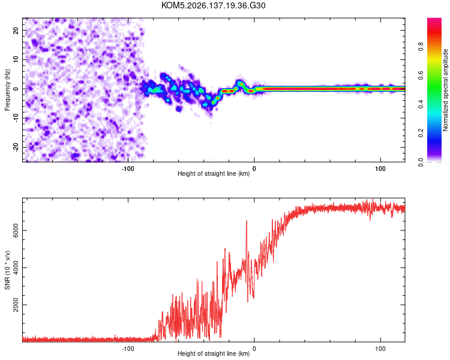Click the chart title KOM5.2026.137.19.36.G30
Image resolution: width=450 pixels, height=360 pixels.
[x=213, y=5]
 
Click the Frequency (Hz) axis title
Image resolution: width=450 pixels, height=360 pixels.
[x=7, y=90]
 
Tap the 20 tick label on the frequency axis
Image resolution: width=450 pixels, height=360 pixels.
[x=16, y=31]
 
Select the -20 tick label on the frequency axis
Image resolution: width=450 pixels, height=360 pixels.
[x=16, y=148]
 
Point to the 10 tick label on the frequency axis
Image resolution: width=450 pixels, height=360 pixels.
[x=16, y=59]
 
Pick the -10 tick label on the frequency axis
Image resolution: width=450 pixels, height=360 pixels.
[x=16, y=118]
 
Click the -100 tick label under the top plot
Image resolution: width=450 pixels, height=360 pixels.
[x=128, y=169]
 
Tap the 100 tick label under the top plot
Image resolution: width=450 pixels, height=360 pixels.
[x=380, y=169]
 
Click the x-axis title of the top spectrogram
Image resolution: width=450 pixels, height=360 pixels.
[x=214, y=173]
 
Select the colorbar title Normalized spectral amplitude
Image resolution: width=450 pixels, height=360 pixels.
[x=445, y=90]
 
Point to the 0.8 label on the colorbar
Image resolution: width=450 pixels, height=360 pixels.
[x=421, y=46]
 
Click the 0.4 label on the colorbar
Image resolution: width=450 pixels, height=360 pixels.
[x=421, y=104]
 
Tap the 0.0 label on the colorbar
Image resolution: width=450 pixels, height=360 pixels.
[x=421, y=162]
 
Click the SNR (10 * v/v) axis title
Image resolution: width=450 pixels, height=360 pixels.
[x=7, y=270]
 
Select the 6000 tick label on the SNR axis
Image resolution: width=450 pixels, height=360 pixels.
[x=16, y=230]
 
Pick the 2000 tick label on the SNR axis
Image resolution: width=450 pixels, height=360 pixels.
[x=16, y=305]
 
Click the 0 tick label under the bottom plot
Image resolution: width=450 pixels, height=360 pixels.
[x=254, y=349]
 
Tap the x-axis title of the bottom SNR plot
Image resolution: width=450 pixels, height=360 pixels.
[x=214, y=353]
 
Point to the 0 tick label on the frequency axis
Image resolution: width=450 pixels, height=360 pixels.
[x=16, y=89]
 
